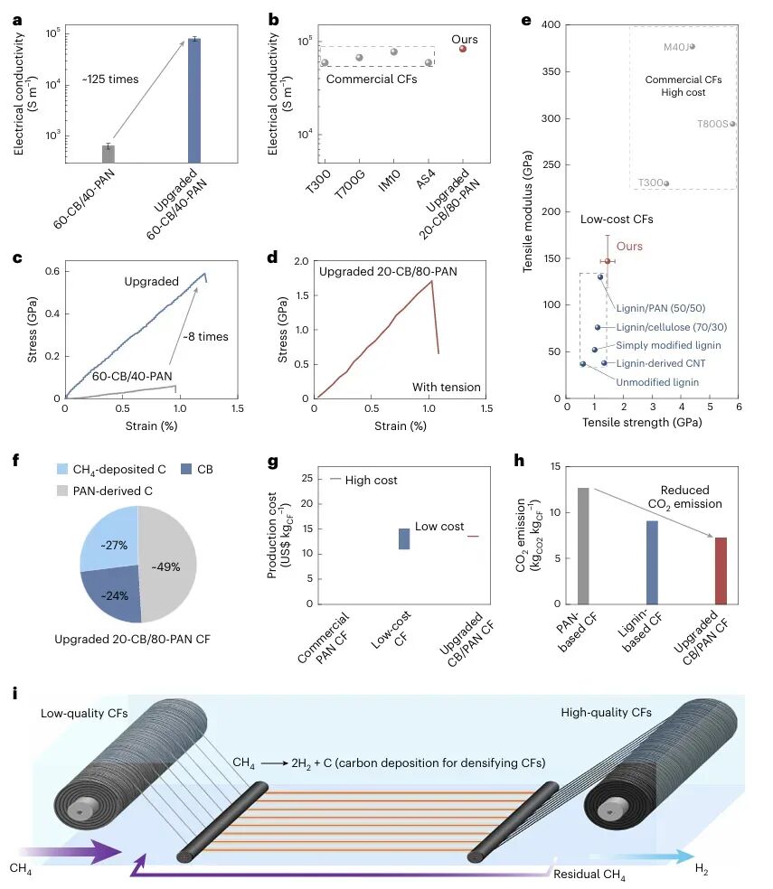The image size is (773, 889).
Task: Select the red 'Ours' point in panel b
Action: point(463,49)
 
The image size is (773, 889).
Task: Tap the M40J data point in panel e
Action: point(693,47)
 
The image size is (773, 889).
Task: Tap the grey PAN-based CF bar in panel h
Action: point(584,546)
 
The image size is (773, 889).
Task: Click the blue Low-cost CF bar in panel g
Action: point(404,538)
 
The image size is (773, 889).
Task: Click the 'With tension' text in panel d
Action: point(447,388)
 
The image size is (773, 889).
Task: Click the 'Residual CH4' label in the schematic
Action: point(589,874)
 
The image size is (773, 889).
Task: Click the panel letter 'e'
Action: point(526,15)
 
